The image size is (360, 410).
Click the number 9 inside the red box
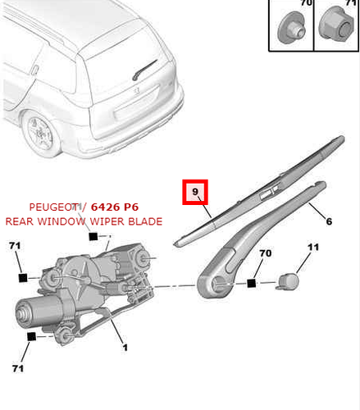tap(195, 194)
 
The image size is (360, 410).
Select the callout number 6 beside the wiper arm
tap(329, 221)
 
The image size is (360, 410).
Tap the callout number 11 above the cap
tap(312, 247)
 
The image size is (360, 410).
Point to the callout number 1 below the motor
tap(125, 348)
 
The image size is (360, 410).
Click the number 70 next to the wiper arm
tap(264, 255)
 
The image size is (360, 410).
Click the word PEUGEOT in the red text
tap(56, 207)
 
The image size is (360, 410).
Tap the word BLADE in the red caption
tap(144, 221)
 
